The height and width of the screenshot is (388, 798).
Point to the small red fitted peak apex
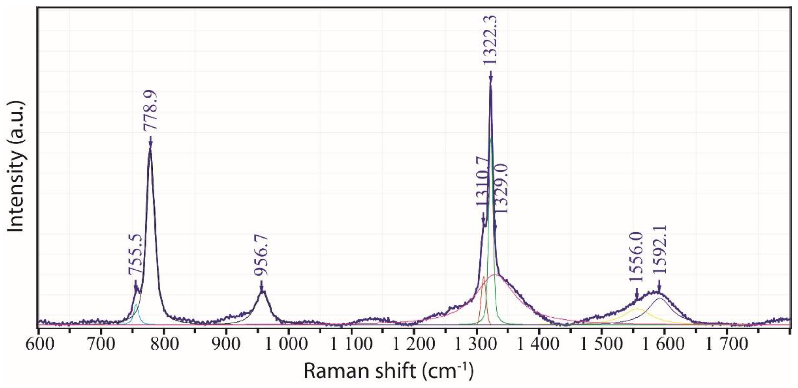(x=484, y=277)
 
